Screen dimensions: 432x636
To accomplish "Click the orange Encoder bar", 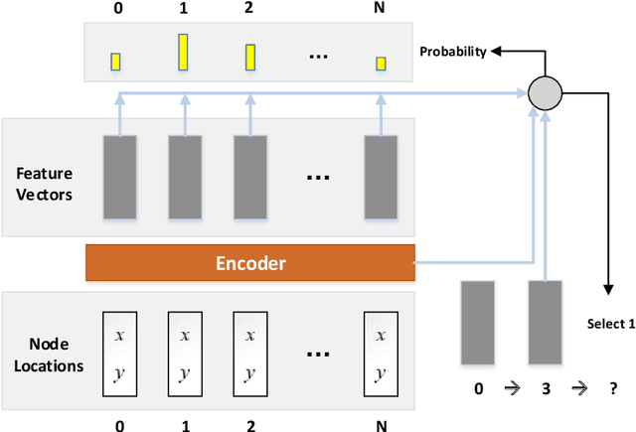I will click(250, 263).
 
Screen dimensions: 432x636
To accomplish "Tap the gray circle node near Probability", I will click(544, 92).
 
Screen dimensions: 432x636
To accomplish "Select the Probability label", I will click(453, 52).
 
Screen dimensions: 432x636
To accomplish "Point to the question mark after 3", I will click(604, 390).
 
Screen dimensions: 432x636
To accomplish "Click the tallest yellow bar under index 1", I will click(183, 52).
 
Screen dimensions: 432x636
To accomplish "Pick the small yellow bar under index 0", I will click(116, 62).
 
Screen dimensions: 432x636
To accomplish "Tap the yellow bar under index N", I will click(380, 65).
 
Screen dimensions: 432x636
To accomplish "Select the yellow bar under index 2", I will click(249, 57).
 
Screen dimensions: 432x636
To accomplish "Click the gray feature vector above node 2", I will click(249, 177).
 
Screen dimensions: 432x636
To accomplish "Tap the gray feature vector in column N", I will click(380, 177).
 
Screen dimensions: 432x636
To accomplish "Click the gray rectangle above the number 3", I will click(544, 322).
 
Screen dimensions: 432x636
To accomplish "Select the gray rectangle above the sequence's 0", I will click(478, 322).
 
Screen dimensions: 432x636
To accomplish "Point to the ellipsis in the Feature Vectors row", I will click(318, 178).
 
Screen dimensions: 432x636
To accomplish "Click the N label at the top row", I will click(380, 9).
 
